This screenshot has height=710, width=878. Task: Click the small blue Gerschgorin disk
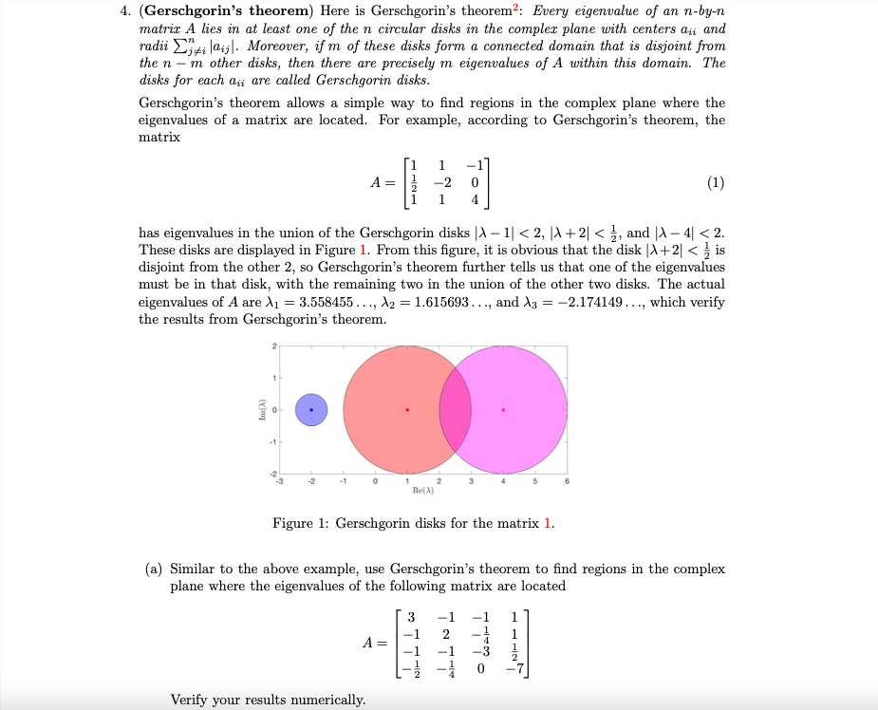(311, 410)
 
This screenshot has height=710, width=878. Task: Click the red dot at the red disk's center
(407, 410)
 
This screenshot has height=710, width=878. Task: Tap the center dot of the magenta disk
(503, 410)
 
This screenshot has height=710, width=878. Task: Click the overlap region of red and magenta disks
(455, 410)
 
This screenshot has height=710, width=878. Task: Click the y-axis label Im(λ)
(260, 410)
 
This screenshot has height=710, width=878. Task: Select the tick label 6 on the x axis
(567, 481)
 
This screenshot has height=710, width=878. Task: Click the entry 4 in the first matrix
(474, 200)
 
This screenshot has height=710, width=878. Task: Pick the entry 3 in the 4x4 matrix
(410, 616)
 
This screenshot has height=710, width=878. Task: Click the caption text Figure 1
(301, 523)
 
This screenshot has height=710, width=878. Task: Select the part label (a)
(154, 569)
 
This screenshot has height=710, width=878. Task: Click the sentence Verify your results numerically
(268, 700)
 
